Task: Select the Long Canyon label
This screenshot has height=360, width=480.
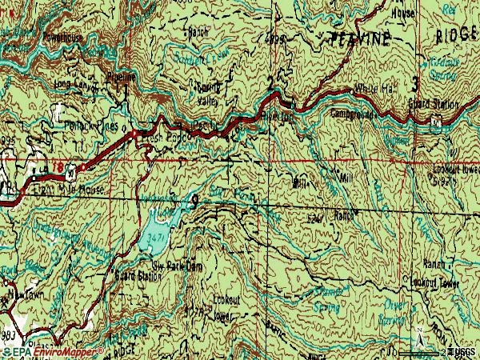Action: pos(71,82)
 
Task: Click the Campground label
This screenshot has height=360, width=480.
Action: pos(353,114)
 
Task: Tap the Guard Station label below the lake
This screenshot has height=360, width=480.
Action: pos(138,276)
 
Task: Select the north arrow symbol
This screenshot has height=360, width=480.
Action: pos(418,332)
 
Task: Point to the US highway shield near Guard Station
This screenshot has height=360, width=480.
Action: pos(436,121)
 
